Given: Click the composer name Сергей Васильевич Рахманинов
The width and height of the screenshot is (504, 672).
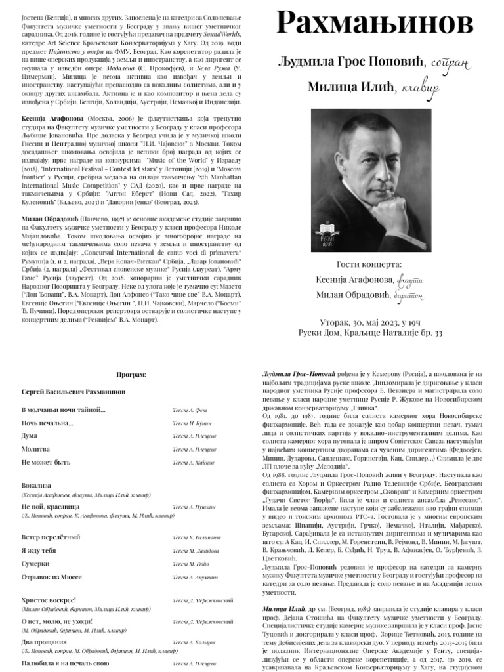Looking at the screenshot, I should [73, 391].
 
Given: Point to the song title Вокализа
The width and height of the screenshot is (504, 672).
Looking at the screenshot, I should [38, 485].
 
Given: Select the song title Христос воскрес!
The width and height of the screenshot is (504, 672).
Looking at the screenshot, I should [49, 600].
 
